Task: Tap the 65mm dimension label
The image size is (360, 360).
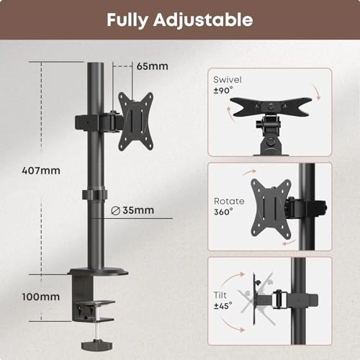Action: click(x=153, y=66)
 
